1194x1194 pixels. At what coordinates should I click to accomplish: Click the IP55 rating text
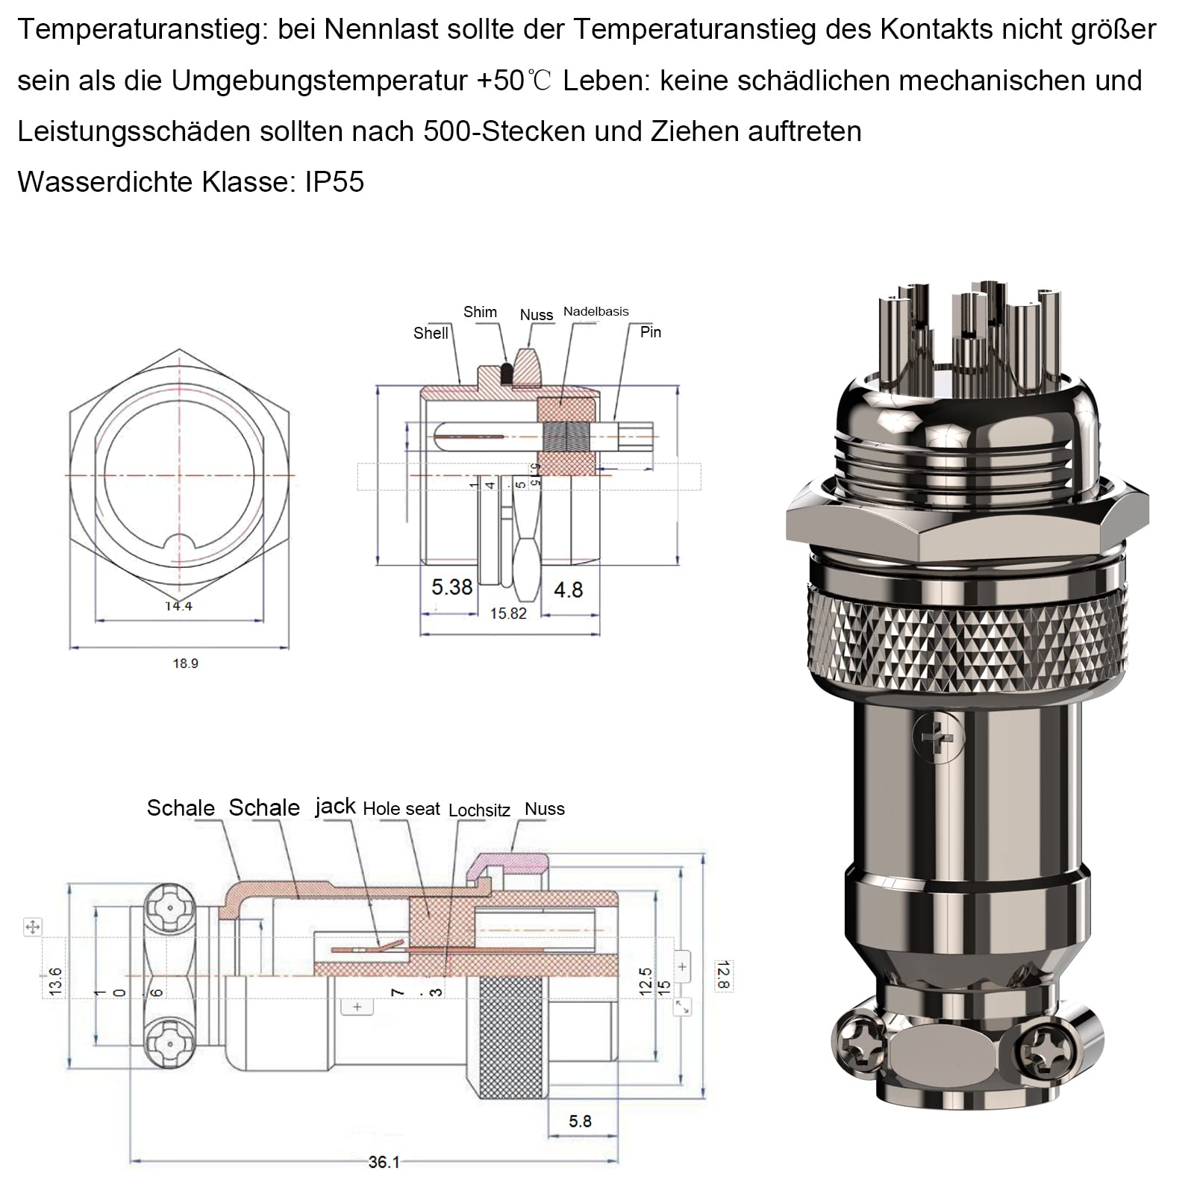pyautogui.click(x=334, y=182)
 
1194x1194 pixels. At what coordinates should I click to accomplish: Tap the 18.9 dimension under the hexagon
pyautogui.click(x=186, y=663)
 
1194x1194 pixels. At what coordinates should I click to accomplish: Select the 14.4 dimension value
pyautogui.click(x=179, y=606)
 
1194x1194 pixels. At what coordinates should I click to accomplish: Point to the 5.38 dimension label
pyautogui.click(x=452, y=587)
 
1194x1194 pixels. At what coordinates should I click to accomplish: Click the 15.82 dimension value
pyautogui.click(x=508, y=613)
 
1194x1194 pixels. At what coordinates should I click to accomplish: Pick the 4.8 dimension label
pyautogui.click(x=569, y=590)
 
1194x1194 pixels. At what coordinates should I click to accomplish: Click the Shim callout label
pyautogui.click(x=480, y=312)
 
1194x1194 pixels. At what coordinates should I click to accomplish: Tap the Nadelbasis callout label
pyautogui.click(x=596, y=311)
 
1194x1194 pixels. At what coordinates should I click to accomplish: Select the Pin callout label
pyautogui.click(x=651, y=332)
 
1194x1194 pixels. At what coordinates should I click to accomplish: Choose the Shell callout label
pyautogui.click(x=431, y=333)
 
